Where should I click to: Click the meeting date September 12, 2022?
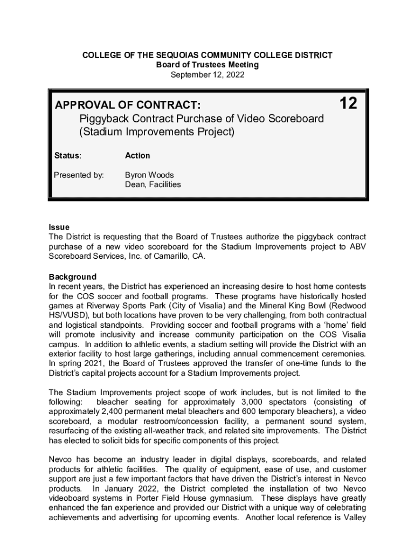point(207,75)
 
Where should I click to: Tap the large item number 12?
point(348,103)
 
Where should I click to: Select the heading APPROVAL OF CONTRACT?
point(128,104)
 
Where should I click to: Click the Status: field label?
point(68,156)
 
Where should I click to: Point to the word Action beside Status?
point(137,156)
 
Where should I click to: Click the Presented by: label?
point(79,175)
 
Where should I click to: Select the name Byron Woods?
point(149,175)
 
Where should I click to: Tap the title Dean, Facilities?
point(153,184)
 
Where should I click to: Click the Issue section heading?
point(59,227)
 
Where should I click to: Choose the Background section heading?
point(72,277)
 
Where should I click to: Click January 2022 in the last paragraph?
point(119,489)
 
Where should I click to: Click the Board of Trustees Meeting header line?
point(207,65)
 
